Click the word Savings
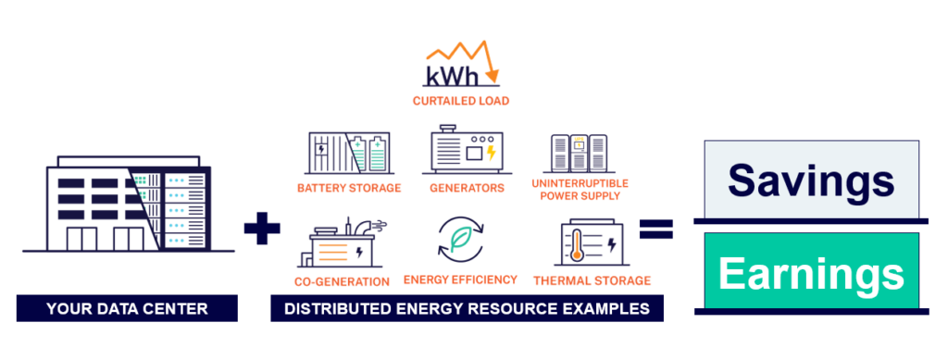811,180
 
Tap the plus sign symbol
261,229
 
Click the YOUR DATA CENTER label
128,309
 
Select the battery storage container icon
349,152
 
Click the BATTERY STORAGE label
349,188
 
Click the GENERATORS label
467,188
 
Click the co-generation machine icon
341,243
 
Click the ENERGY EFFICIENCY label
460,280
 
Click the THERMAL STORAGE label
592,280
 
